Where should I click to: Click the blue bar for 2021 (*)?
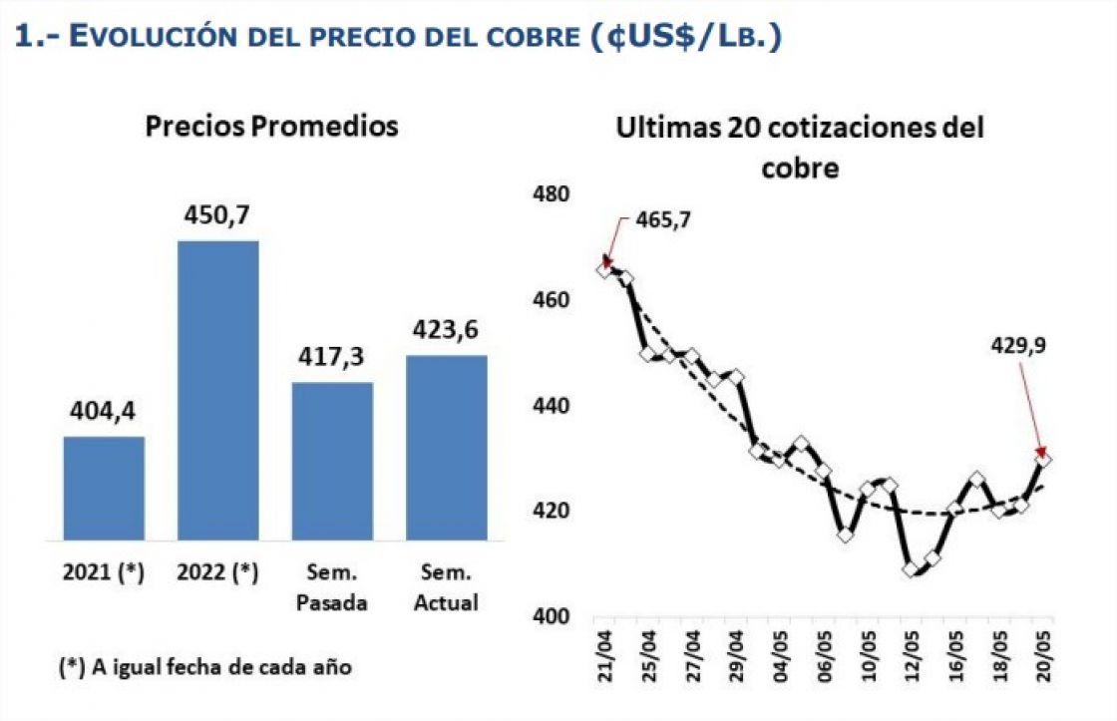click(104, 488)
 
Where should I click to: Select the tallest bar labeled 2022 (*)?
click(217, 390)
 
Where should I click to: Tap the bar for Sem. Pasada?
click(332, 461)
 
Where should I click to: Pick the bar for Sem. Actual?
click(447, 447)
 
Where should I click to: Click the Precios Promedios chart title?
click(271, 127)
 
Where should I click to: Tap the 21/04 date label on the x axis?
click(604, 655)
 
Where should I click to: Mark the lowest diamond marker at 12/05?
click(910, 569)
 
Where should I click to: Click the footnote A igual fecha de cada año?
click(205, 667)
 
